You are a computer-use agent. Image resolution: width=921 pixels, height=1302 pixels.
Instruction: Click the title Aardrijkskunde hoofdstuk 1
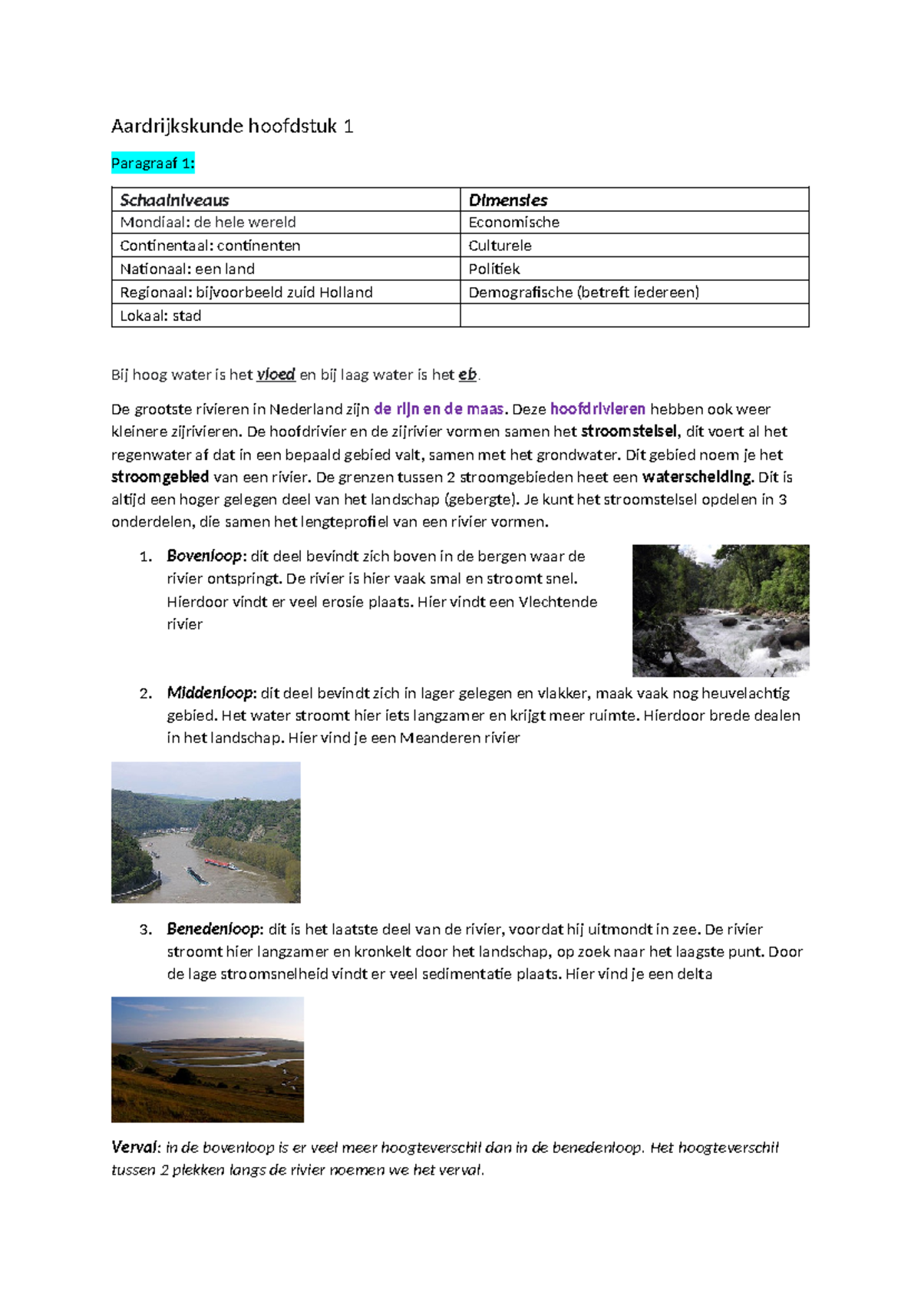point(232,126)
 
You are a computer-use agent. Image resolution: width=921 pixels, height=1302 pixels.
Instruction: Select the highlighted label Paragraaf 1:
point(153,163)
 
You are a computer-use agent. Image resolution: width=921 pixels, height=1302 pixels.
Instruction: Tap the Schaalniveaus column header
point(174,200)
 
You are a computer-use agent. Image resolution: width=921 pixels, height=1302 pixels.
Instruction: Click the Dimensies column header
point(507,200)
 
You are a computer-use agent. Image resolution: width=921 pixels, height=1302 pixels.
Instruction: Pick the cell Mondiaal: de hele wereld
point(207,223)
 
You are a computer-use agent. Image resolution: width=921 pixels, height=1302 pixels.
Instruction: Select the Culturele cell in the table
point(500,246)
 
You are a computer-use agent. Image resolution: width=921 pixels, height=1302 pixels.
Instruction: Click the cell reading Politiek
point(494,269)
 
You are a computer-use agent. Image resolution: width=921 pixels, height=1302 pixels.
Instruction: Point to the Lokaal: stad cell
point(160,316)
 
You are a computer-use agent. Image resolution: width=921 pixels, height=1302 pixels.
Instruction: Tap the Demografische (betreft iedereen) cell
point(583,292)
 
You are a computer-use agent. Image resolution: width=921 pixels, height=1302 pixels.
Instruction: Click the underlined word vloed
point(276,375)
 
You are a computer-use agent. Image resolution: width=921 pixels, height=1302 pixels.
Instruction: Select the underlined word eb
point(467,375)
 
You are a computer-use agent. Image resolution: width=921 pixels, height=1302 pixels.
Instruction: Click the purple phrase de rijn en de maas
point(438,409)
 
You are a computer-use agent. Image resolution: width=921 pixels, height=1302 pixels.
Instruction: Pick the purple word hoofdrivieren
point(597,409)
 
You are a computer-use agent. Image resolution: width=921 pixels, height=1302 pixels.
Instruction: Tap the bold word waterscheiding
point(697,477)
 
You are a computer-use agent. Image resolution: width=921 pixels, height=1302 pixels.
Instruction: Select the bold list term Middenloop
point(209,692)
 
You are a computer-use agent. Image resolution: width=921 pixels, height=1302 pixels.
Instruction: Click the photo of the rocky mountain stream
point(720,610)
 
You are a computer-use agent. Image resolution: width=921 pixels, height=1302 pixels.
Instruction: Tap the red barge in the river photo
point(220,864)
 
